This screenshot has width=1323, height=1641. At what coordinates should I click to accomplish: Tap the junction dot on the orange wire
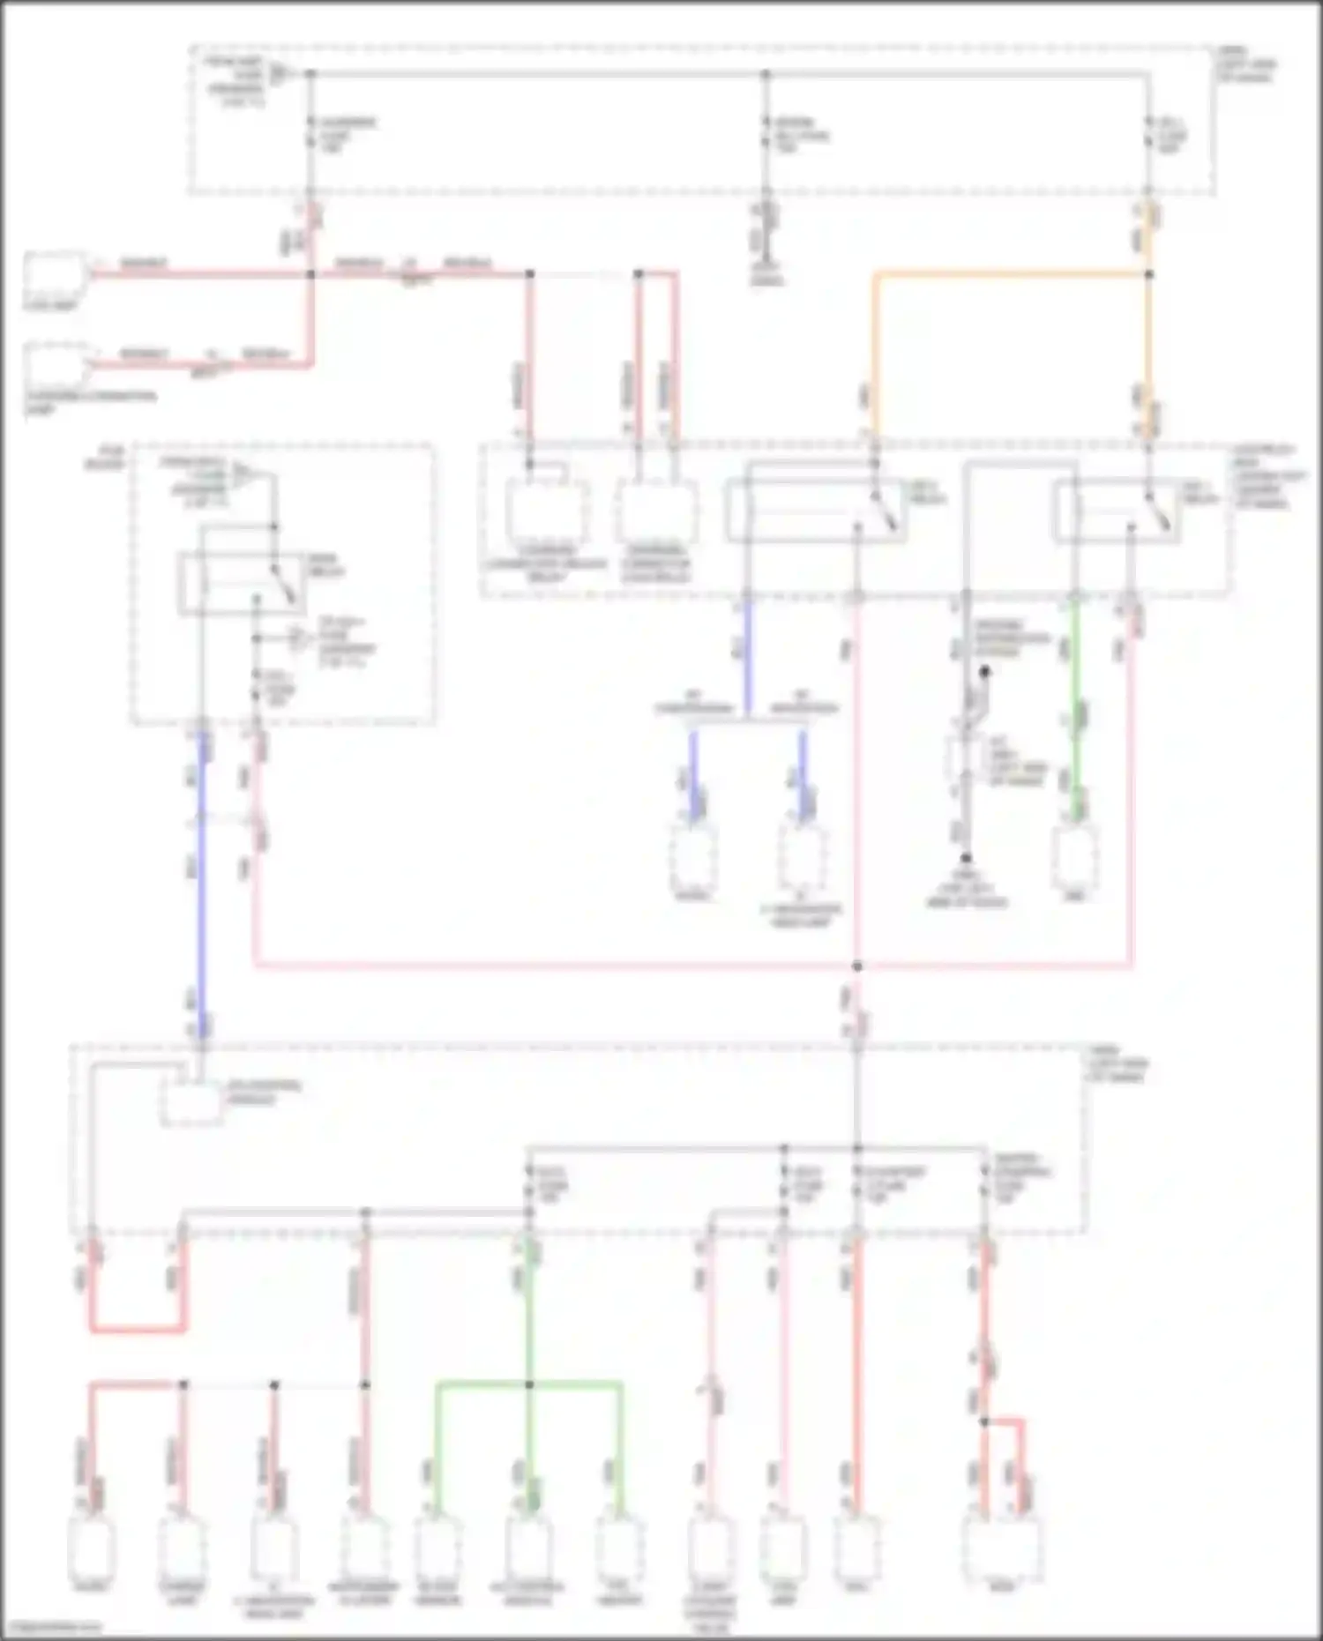1148,275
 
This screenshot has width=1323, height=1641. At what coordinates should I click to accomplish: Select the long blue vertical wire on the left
202,882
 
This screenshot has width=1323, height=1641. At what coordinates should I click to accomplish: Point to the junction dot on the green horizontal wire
529,1385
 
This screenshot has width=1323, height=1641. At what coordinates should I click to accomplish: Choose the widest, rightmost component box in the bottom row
1001,1548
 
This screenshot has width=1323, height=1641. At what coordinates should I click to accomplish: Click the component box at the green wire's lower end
1074,858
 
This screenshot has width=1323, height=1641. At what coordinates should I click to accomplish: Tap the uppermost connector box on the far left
55,275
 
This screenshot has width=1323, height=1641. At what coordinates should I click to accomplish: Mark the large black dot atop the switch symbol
984,672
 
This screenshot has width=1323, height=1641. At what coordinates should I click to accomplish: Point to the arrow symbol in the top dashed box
280,73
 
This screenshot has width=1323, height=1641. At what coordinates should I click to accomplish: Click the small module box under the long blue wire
191,1102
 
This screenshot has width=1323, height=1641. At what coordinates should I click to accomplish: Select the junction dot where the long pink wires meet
856,966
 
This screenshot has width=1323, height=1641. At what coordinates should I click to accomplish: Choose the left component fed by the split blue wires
692,858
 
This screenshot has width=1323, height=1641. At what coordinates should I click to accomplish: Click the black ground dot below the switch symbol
966,858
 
